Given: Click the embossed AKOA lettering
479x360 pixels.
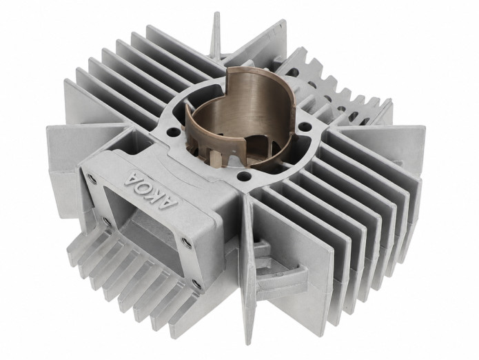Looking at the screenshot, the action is [x=150, y=189].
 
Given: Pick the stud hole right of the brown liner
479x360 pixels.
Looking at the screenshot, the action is [x=304, y=126].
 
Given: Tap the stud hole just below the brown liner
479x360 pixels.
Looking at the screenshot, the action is [x=244, y=175].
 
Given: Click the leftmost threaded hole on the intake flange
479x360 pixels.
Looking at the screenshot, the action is [x=92, y=178].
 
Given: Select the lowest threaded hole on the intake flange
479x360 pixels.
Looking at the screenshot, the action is [x=196, y=284].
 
